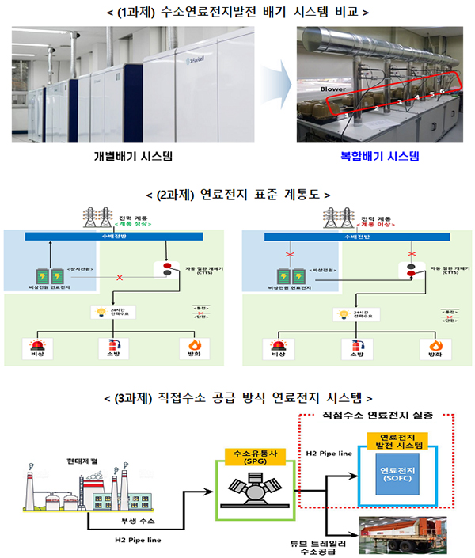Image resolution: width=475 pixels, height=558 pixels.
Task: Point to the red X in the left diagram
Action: click(120, 279)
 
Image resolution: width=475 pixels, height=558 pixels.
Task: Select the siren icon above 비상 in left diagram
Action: click(36, 345)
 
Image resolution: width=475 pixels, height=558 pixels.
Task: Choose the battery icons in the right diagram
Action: click(288, 277)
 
